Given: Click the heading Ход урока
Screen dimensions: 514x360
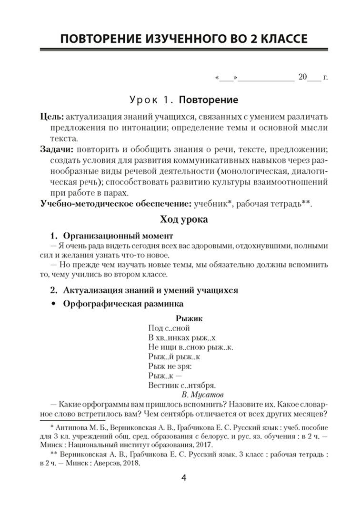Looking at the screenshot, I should tap(184, 220).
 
